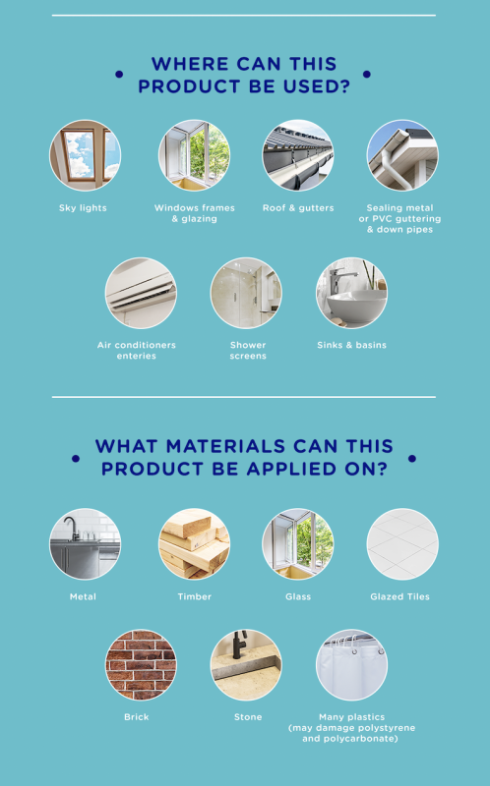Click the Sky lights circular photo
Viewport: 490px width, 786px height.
pyautogui.click(x=85, y=155)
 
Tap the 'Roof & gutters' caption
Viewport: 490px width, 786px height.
pyautogui.click(x=298, y=208)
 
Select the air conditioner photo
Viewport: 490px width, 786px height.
pyautogui.click(x=141, y=293)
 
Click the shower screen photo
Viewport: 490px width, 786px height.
pyautogui.click(x=246, y=293)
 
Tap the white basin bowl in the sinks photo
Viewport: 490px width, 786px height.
pyautogui.click(x=357, y=303)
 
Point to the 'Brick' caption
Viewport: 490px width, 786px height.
pyautogui.click(x=137, y=717)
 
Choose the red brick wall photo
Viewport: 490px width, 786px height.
pyautogui.click(x=141, y=665)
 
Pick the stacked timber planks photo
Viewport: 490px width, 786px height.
pyautogui.click(x=194, y=544)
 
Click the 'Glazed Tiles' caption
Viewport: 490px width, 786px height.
pyautogui.click(x=400, y=596)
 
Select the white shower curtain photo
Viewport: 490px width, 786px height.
pyautogui.click(x=351, y=665)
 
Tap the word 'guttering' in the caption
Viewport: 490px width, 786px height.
pyautogui.click(x=418, y=219)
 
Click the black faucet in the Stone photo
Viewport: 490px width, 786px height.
pyautogui.click(x=239, y=645)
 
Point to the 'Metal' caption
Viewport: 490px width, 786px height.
pyautogui.click(x=83, y=596)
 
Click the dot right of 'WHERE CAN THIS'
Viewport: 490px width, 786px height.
pyautogui.click(x=366, y=75)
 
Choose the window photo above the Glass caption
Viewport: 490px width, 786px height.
pyautogui.click(x=298, y=544)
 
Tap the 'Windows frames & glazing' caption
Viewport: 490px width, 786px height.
pyautogui.click(x=194, y=213)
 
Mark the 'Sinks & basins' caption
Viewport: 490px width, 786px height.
pyautogui.click(x=352, y=345)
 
